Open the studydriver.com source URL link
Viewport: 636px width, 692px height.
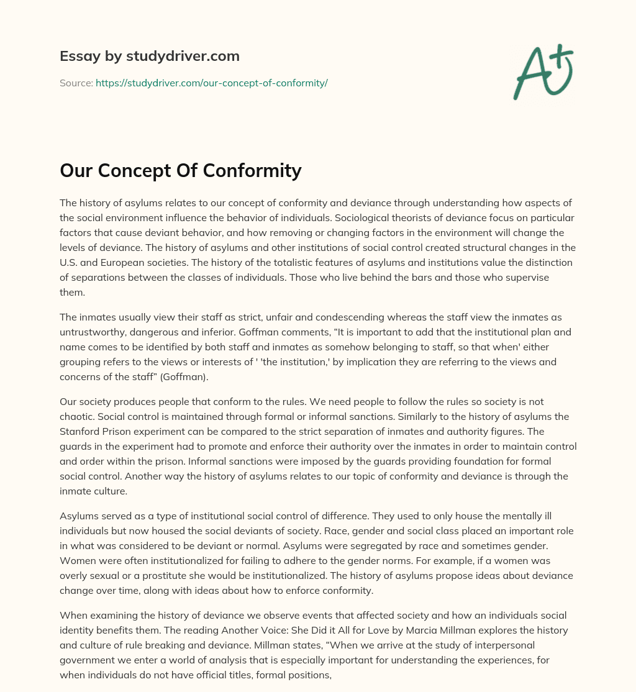[x=211, y=83]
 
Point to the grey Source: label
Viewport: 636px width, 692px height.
[x=76, y=83]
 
